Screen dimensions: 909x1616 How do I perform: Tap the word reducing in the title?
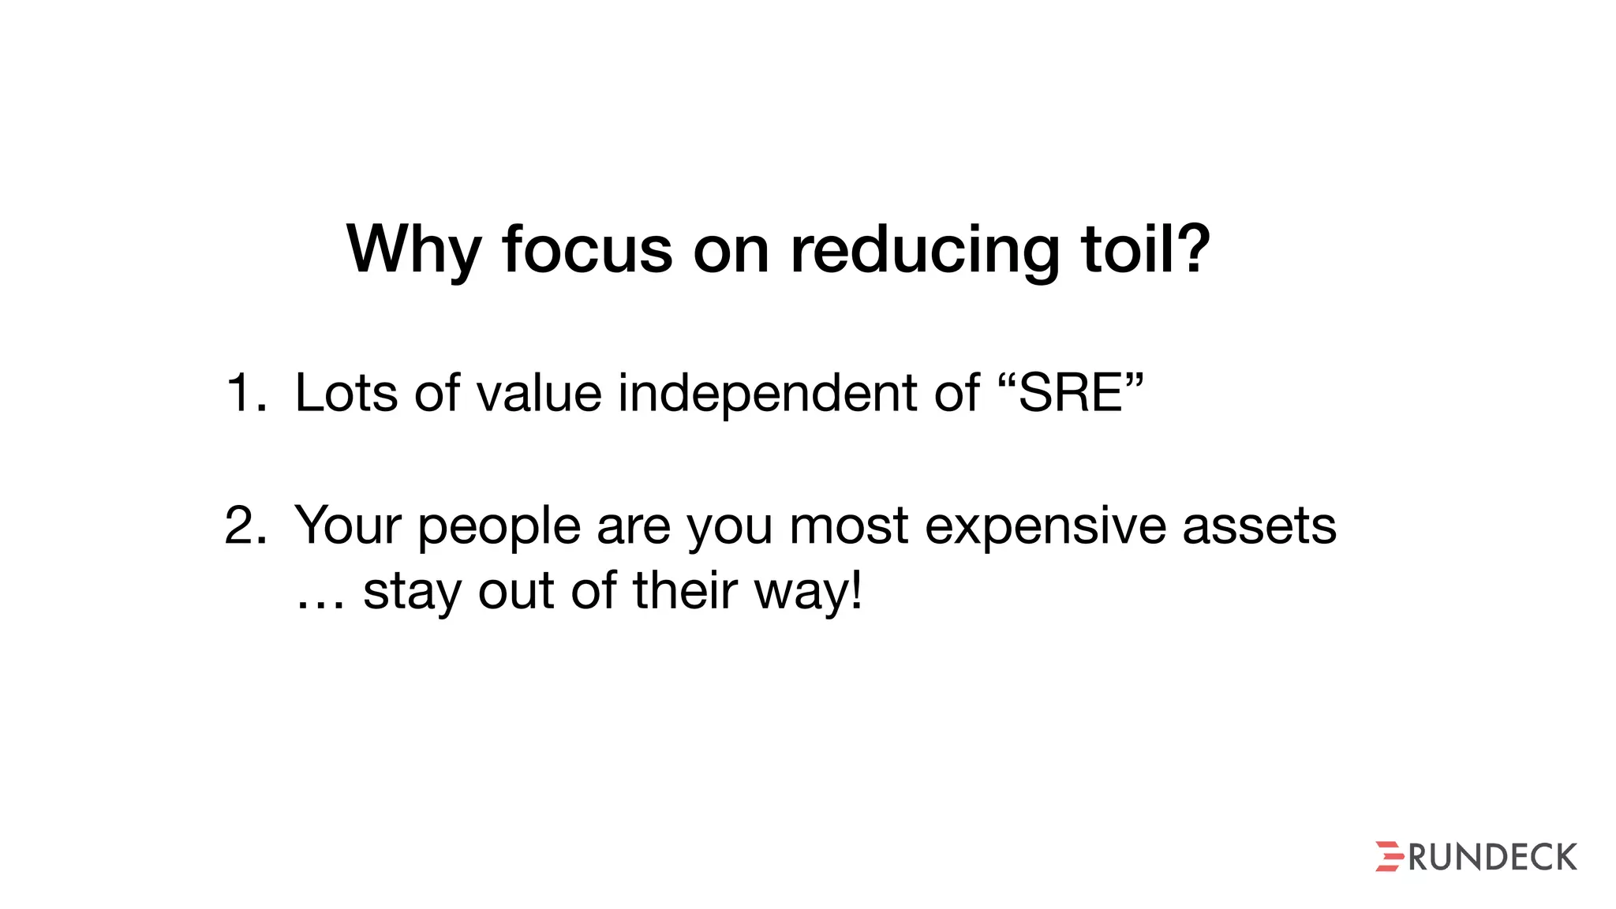pyautogui.click(x=925, y=250)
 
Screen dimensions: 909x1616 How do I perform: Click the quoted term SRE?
pyautogui.click(x=1071, y=393)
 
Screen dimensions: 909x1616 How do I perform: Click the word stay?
pyautogui.click(x=411, y=593)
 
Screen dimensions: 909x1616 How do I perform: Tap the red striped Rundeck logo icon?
pyautogui.click(x=1389, y=856)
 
